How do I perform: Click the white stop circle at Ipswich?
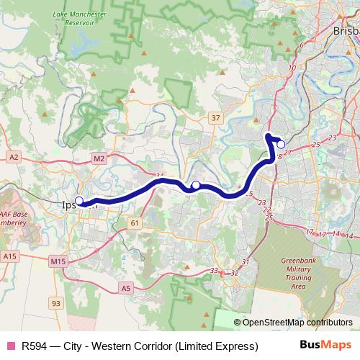79,202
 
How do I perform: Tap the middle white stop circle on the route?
195,186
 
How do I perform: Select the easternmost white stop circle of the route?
281,144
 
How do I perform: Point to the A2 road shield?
14,156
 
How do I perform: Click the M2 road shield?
99,158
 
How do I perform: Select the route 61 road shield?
135,224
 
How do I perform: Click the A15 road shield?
9,256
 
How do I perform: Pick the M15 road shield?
58,261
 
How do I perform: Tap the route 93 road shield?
56,303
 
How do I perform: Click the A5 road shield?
126,288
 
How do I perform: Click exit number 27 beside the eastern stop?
287,152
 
